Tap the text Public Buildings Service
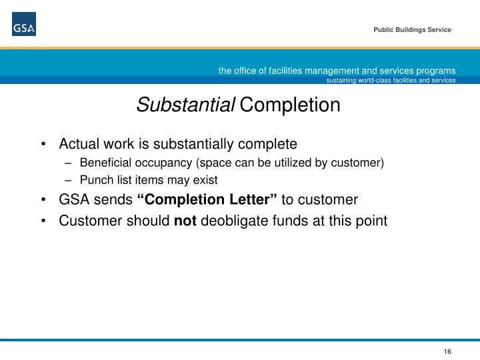tap(411, 30)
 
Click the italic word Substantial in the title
tap(186, 105)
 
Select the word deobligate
tap(231, 219)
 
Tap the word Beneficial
tap(103, 163)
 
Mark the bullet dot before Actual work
tap(44, 144)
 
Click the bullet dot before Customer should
tap(44, 219)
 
